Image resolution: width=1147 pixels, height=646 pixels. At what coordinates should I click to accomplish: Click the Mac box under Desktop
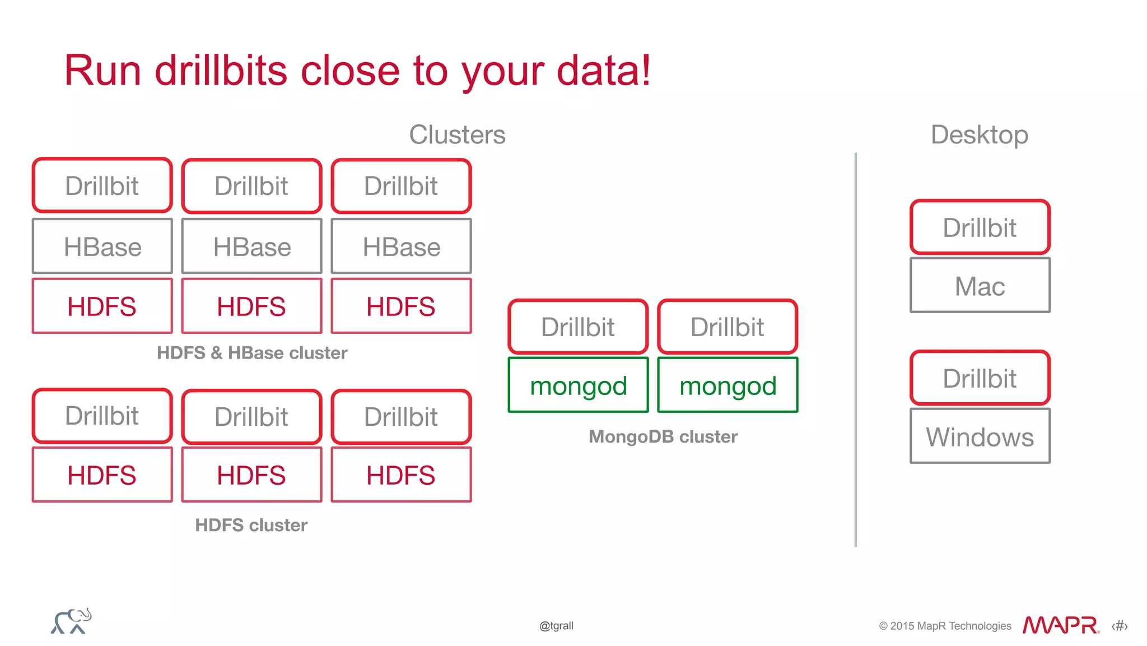point(980,286)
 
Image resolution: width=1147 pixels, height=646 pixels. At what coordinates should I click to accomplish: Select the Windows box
point(980,436)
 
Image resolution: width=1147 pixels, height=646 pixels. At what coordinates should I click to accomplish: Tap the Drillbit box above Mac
point(980,227)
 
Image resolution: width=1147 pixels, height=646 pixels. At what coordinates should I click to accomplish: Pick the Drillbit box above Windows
point(980,378)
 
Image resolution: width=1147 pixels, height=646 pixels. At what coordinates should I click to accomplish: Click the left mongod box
point(578,385)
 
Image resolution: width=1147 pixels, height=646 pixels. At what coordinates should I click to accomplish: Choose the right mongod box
point(728,385)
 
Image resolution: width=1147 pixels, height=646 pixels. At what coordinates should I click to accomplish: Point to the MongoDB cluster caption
point(663,436)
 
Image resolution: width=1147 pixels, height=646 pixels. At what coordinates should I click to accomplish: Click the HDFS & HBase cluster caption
point(252,353)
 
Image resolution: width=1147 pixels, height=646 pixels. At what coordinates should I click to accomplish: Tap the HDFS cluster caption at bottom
point(251,525)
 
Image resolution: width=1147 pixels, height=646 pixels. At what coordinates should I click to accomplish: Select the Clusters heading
point(457,135)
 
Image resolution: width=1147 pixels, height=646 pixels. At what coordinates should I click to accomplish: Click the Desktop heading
point(980,135)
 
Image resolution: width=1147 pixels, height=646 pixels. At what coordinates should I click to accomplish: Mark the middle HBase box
point(252,247)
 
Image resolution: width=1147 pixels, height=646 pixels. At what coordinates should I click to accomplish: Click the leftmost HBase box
point(102,247)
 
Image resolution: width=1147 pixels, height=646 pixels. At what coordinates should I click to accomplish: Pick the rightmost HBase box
point(401,247)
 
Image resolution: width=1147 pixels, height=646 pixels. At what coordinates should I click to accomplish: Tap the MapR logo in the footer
point(1060,625)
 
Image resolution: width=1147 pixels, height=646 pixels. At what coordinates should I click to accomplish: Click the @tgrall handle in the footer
point(556,626)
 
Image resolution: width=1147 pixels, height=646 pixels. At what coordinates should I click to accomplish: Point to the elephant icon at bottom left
point(71,621)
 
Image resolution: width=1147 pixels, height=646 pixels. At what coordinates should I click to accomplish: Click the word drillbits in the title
point(221,71)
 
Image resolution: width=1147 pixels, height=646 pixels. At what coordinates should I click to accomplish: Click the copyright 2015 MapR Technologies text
point(945,626)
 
